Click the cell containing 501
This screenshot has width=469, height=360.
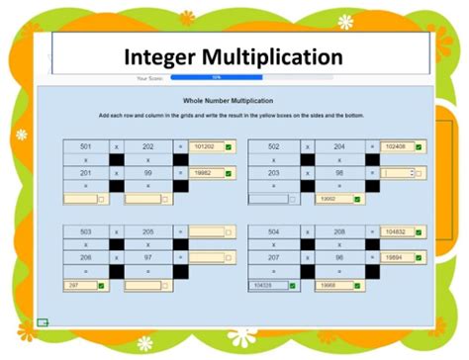coord(86,146)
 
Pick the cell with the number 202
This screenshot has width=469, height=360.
coord(147,146)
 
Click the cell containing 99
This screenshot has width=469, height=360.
coord(147,172)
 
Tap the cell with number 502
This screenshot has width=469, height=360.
coord(273,146)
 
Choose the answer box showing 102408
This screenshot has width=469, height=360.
coord(394,146)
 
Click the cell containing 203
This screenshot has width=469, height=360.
coord(273,172)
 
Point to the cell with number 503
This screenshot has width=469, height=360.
coord(86,232)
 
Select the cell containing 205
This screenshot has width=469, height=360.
coord(147,232)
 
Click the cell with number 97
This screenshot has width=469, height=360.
coord(147,258)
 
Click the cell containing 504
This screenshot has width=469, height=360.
coord(273,232)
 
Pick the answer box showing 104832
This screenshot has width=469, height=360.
coord(394,232)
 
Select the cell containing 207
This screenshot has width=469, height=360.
coord(273,258)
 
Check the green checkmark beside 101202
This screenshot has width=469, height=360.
coord(228,146)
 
